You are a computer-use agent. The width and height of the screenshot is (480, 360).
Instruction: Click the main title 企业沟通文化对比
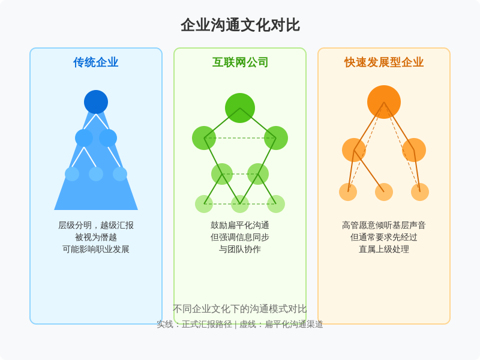tap(240, 25)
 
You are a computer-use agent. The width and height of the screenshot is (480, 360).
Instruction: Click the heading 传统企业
tap(96, 62)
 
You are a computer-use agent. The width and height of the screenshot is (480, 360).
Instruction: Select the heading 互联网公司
tap(240, 62)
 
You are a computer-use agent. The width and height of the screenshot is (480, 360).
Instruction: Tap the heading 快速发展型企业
tap(384, 62)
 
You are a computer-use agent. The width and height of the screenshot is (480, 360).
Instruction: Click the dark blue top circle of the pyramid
tap(96, 102)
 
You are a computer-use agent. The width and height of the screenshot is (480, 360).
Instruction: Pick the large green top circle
tap(240, 108)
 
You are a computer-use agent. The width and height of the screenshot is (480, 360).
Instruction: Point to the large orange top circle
tap(384, 102)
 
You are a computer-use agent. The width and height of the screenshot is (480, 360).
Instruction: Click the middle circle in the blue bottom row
tap(96, 174)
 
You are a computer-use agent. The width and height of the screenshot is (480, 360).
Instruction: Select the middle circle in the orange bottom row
tap(384, 192)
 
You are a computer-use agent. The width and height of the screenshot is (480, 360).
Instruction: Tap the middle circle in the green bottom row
tap(240, 204)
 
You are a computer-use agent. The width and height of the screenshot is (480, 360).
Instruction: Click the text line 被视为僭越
tap(96, 237)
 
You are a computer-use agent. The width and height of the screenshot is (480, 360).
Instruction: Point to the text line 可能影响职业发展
tap(96, 249)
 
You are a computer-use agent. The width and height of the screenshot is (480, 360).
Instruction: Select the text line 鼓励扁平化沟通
tap(240, 226)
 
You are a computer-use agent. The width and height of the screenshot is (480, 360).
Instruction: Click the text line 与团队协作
tap(240, 249)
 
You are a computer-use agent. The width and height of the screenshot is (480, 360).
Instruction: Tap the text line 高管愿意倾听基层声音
tap(384, 226)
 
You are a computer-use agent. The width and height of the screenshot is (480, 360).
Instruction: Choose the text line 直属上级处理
tap(384, 249)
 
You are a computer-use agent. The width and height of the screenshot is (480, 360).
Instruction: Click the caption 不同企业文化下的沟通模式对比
tap(240, 309)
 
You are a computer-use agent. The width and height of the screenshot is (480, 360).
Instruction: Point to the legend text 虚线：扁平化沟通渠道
tap(281, 324)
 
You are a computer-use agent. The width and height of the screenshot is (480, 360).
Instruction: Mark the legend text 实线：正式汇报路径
tap(194, 324)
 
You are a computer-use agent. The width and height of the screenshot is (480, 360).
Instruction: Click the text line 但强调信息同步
tap(240, 237)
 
